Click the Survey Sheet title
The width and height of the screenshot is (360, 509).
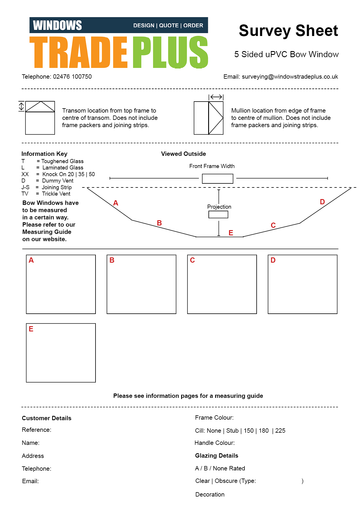tap(288, 31)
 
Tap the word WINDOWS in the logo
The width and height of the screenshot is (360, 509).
tap(57, 25)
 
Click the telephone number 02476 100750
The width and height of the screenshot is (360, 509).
tap(72, 77)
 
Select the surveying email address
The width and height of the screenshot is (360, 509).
tap(290, 77)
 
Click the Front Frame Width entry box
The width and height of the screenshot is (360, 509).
tap(217, 178)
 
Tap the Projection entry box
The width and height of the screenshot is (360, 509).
tap(218, 214)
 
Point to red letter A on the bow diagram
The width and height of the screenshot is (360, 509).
tap(116, 203)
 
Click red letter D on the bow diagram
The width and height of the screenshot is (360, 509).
tap(322, 202)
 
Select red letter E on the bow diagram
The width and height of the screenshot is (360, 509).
tap(231, 233)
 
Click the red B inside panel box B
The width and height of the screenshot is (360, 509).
tap(112, 260)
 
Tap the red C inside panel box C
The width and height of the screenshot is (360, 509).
tap(192, 260)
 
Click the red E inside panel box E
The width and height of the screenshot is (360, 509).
tap(31, 329)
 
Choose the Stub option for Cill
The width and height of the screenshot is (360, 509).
tap(232, 431)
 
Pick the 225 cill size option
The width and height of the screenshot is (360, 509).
tap(280, 431)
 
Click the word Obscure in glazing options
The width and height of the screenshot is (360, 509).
tap(226, 481)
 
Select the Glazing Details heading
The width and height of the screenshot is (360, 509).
tap(217, 456)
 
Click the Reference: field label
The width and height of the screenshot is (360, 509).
tap(37, 430)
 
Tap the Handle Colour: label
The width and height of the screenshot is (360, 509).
tap(215, 443)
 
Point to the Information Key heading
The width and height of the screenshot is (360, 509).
tap(44, 154)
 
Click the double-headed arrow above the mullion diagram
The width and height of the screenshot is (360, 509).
tap(216, 97)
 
